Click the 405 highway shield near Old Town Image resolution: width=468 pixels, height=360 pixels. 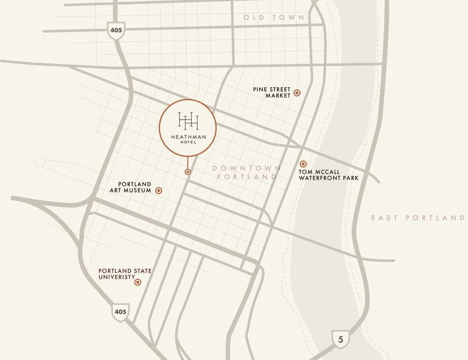[x=115, y=30]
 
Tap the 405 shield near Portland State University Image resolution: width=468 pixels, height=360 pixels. [x=120, y=312]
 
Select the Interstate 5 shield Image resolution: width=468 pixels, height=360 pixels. [x=341, y=339]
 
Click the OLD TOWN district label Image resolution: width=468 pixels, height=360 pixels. [x=274, y=17]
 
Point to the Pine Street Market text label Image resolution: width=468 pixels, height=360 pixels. [x=272, y=93]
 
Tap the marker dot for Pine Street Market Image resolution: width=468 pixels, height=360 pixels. [x=297, y=93]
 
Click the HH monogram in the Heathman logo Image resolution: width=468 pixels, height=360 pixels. [x=188, y=121]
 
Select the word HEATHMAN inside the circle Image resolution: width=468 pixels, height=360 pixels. [x=188, y=137]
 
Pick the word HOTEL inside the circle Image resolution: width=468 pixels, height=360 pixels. [x=188, y=142]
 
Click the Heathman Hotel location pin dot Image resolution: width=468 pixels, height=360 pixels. [x=188, y=172]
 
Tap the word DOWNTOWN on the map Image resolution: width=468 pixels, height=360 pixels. [x=247, y=168]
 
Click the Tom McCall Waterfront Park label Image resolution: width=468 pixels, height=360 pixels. [x=328, y=175]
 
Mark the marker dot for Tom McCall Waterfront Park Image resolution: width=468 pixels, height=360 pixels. [x=303, y=164]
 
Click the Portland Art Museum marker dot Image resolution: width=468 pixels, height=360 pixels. [x=159, y=191]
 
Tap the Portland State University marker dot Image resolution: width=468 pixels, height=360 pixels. [x=138, y=282]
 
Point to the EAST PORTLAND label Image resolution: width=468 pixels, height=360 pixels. [x=418, y=218]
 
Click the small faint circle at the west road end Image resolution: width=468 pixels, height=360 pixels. [x=40, y=162]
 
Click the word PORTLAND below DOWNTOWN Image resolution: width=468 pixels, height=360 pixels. [x=247, y=177]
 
